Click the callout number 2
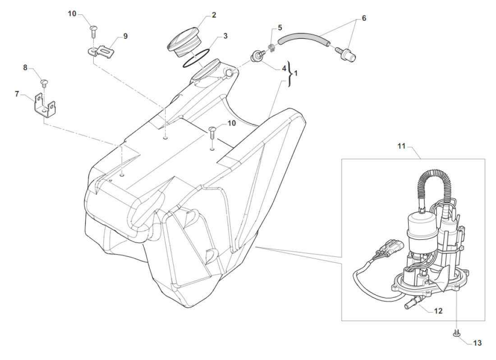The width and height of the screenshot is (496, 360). point(214,15)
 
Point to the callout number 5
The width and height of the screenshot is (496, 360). point(280,27)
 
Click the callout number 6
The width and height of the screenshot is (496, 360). point(364,18)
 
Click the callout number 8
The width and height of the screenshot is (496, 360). point(25,68)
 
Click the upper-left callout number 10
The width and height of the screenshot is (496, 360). point(72,14)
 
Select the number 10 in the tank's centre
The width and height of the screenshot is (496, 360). point(231,123)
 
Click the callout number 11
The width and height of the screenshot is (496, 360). point(402,146)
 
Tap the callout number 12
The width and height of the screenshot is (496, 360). point(438,310)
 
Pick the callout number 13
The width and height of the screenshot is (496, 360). point(477,343)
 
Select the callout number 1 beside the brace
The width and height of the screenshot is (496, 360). point(296,73)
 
